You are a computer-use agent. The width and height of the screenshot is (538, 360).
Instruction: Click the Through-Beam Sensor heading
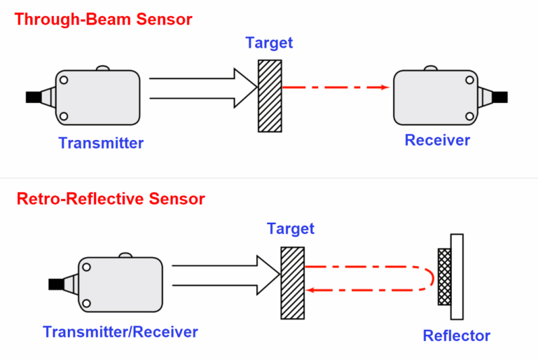[x=103, y=19]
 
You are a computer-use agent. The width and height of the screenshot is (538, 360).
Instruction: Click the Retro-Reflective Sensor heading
[x=111, y=199]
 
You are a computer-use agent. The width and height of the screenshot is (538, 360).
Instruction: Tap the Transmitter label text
[x=101, y=144]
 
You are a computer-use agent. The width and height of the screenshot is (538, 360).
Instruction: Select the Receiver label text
[x=437, y=140]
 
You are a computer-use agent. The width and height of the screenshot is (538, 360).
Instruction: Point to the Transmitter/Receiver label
[x=120, y=332]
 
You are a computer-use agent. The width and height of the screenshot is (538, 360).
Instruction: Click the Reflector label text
[x=457, y=335]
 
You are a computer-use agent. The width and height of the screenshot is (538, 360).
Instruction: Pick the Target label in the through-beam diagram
[x=269, y=43]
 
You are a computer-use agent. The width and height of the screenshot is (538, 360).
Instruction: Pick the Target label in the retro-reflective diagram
[x=291, y=229]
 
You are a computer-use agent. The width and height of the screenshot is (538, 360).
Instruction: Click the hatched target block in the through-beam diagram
[x=270, y=96]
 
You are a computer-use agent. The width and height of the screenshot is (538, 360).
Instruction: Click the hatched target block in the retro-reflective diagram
[x=292, y=282]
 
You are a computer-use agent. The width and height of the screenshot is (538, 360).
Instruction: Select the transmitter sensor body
[x=98, y=97]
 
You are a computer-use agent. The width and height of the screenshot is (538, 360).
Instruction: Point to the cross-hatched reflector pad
[x=443, y=277]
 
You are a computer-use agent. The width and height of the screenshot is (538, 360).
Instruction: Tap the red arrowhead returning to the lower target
[x=312, y=289]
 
